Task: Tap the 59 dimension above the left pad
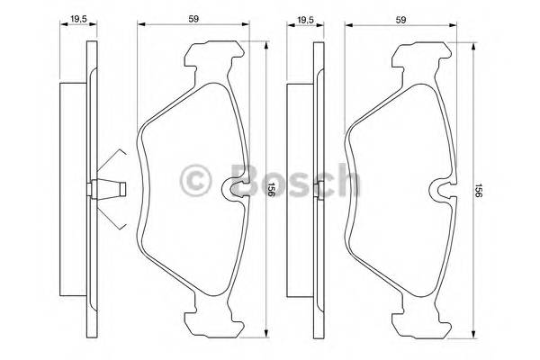(193, 16)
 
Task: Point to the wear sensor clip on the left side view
(107, 190)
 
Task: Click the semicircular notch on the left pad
(237, 189)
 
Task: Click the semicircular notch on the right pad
(444, 190)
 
